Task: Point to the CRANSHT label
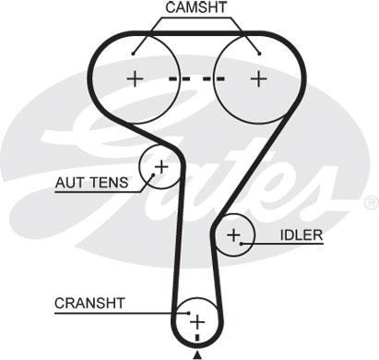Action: [89, 302]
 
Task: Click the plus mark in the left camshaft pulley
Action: [136, 78]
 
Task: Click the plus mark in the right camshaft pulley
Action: [257, 78]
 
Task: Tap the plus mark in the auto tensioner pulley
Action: [160, 167]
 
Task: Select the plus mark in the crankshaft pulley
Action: [196, 321]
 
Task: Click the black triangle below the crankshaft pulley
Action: [196, 353]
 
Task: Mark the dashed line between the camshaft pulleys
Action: [195, 78]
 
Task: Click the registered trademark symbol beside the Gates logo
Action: [371, 202]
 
